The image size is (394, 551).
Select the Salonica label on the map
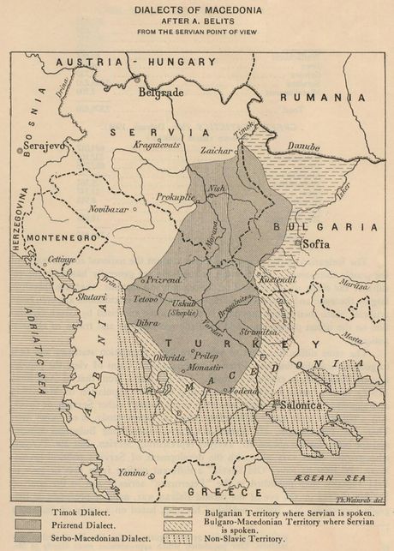click(299, 404)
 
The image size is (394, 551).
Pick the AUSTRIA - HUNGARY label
click(135, 62)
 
